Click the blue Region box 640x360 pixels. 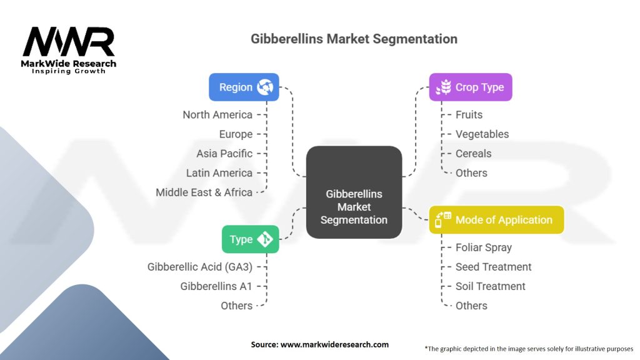(244, 87)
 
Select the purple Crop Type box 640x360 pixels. (470, 87)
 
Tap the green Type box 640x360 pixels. (250, 239)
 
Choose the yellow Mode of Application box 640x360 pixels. (496, 219)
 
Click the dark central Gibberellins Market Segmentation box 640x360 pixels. (354, 192)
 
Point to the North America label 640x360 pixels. (217, 115)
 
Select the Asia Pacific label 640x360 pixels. (224, 154)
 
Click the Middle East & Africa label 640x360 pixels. (204, 192)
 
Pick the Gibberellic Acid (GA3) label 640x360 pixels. (200, 267)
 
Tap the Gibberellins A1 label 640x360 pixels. (216, 286)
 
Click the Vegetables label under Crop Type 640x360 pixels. (482, 134)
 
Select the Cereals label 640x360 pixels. (474, 154)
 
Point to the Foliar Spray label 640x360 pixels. (484, 247)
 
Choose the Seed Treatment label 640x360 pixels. (494, 267)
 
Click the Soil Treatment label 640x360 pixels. (490, 286)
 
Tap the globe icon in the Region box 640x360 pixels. (265, 87)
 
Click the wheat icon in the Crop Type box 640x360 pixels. (443, 87)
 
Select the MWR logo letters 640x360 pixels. (69, 42)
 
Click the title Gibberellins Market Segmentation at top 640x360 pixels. (354, 39)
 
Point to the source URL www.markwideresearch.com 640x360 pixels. (334, 344)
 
